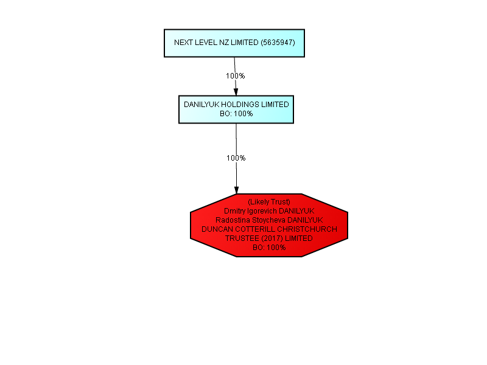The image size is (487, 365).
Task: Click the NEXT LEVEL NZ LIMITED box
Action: click(x=234, y=43)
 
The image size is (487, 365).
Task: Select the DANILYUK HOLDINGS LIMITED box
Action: click(x=236, y=109)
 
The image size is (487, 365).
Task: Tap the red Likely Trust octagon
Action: click(x=269, y=225)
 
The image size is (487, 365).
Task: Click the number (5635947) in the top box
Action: click(x=278, y=43)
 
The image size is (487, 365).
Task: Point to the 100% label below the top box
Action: click(x=236, y=75)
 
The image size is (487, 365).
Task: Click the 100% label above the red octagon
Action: click(x=236, y=158)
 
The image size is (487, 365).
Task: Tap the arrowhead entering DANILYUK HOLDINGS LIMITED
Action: click(x=236, y=92)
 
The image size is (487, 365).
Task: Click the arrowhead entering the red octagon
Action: click(x=236, y=190)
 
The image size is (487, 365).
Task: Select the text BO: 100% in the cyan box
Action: click(x=236, y=114)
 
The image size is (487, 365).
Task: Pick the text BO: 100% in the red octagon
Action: click(x=269, y=248)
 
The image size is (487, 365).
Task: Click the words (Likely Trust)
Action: click(x=269, y=202)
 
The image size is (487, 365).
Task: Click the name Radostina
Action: click(x=233, y=220)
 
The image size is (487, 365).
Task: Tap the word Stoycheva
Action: click(x=268, y=220)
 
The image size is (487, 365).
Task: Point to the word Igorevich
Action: click(x=262, y=211)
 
